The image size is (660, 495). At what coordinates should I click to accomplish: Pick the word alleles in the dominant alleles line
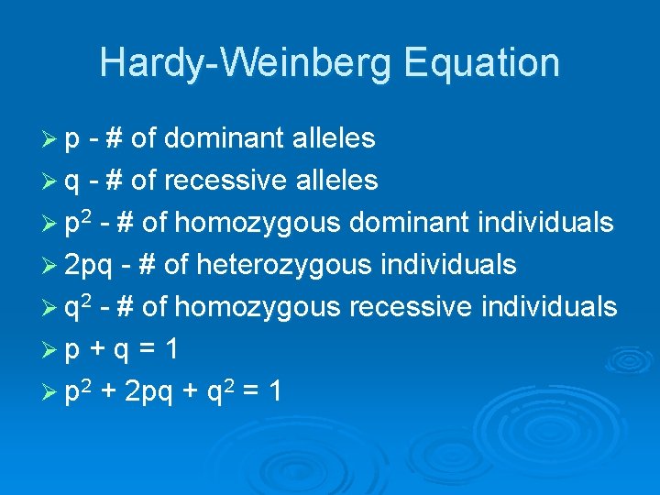click(333, 138)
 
